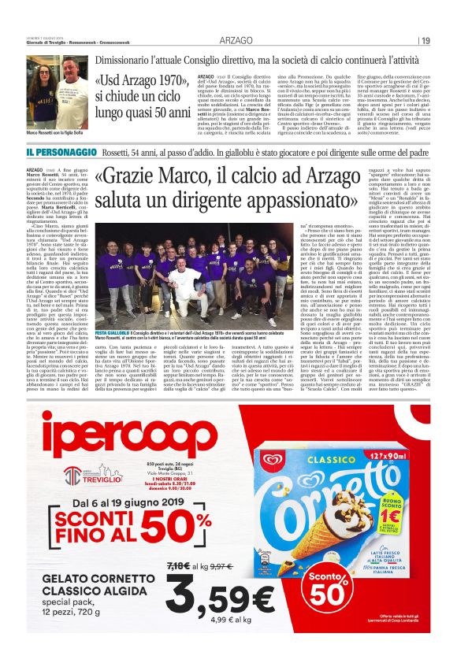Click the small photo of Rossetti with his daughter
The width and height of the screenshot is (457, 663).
tap(57, 84)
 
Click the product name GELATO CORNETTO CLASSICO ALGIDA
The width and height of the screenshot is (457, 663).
tap(79, 584)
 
